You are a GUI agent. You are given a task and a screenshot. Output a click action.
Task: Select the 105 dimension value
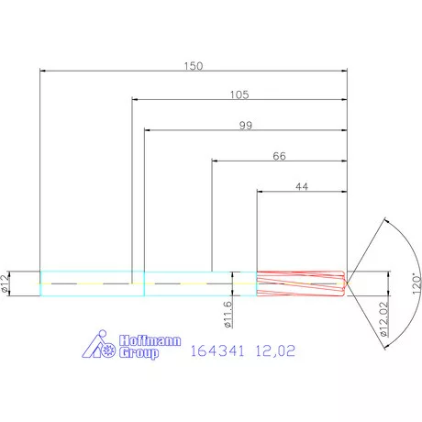pos(239,94)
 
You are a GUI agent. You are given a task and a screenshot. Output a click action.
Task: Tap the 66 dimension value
pos(279,156)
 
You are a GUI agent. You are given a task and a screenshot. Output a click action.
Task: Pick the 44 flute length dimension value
pos(301,186)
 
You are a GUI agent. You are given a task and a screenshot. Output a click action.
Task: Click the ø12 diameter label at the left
pos(7,283)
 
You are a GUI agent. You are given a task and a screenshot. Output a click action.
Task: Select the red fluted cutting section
pos(298,283)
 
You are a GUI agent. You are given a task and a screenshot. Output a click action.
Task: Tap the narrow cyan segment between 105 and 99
pos(138,283)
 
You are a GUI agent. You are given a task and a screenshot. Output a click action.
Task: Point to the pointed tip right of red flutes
pos(346,283)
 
